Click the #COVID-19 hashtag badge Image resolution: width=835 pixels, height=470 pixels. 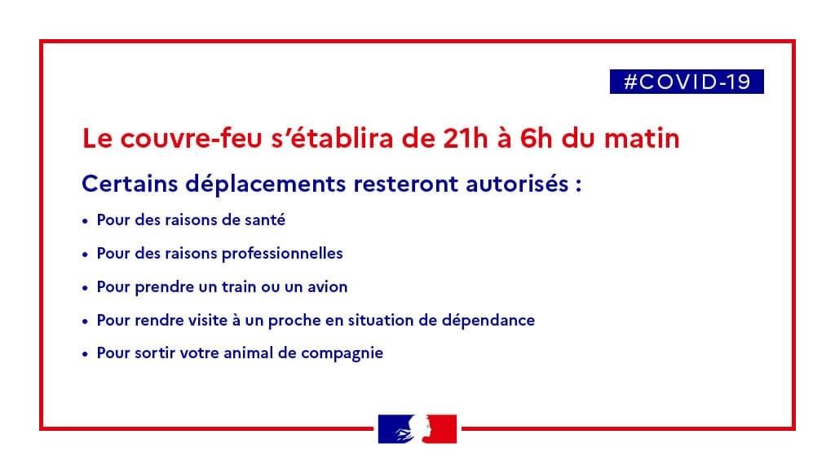point(687,82)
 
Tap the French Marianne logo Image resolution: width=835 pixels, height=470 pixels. point(417,429)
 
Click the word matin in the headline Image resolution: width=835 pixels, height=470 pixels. point(642,139)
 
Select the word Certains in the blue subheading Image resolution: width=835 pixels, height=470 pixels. point(130,184)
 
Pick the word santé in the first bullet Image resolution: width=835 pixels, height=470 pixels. point(265,220)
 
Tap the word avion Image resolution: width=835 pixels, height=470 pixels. point(328,287)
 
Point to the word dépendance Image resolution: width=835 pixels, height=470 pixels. point(488,320)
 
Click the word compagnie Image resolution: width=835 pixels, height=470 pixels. point(342,354)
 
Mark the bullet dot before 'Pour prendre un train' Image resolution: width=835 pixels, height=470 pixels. point(85,288)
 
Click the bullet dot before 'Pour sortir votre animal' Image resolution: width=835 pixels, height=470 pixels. point(85,354)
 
